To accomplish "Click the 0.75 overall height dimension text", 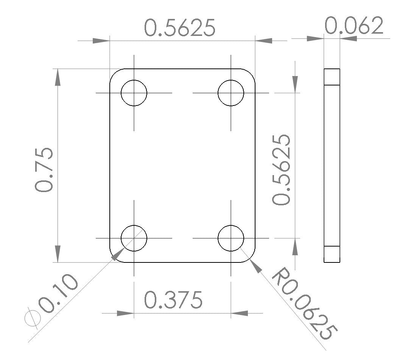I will click(44, 169).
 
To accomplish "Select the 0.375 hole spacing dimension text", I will click(173, 300).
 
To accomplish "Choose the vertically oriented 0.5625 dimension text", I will click(282, 169).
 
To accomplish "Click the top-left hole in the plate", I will click(134, 93).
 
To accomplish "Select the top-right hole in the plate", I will click(231, 93).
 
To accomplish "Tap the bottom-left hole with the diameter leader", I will click(134, 238).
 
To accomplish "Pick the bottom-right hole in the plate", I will click(231, 238).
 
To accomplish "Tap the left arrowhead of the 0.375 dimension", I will click(125, 313).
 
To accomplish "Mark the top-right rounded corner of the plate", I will click(250, 74).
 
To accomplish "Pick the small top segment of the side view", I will click(332, 77).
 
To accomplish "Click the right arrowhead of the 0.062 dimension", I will click(348, 38).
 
